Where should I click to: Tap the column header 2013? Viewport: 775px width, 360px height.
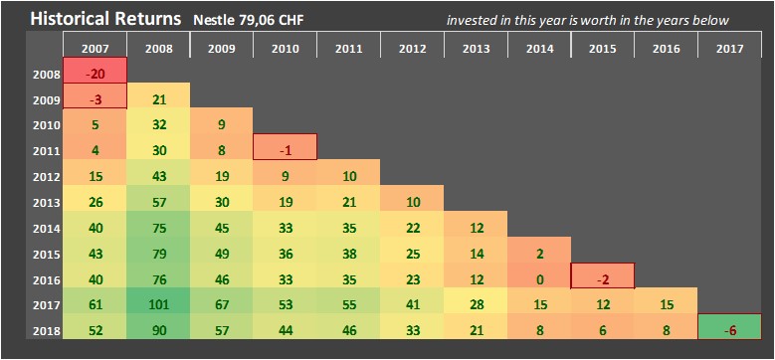pos(476,49)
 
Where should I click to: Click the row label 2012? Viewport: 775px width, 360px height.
pos(47,177)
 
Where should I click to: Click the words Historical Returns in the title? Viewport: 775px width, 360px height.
pos(105,19)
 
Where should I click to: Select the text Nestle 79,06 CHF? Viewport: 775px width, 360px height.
pos(249,21)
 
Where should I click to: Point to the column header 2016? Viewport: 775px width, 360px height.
pos(666,49)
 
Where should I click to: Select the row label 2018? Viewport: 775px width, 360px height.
pos(47,331)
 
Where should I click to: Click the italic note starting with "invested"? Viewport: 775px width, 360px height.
pos(588,21)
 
